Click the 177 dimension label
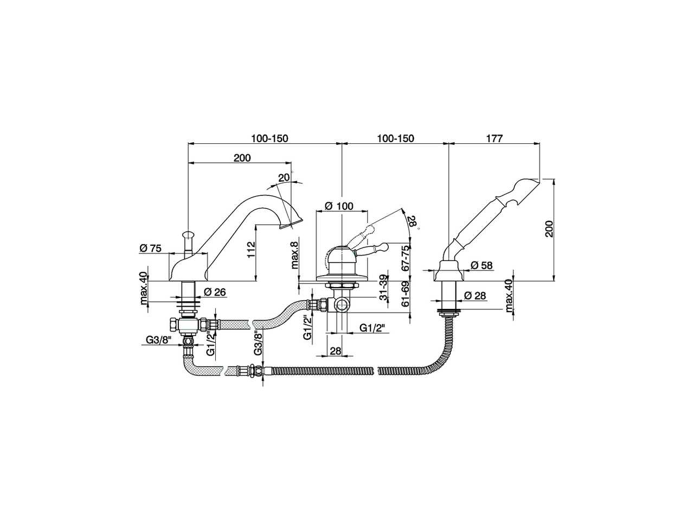(494, 138)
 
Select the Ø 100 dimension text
(338, 206)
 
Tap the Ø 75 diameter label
(150, 248)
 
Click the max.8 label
(294, 255)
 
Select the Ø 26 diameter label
(215, 292)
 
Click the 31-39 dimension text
(383, 288)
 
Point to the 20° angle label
(285, 177)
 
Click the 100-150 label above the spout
(269, 138)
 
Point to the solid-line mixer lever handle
(374, 249)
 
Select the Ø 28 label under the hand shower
(475, 296)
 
